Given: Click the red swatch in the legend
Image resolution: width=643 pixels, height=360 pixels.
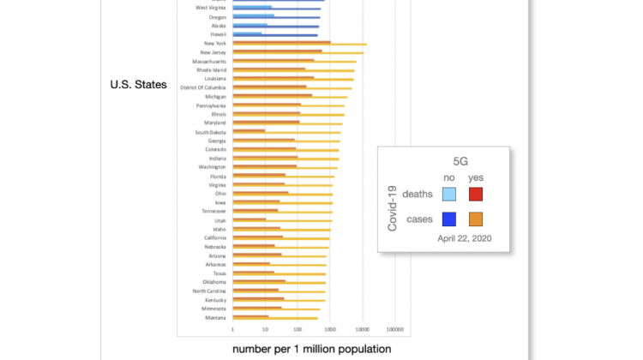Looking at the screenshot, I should [x=477, y=194].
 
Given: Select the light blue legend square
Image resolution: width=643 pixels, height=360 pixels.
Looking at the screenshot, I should [x=448, y=194].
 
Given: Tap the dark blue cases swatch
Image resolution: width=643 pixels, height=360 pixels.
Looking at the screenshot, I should [x=448, y=218].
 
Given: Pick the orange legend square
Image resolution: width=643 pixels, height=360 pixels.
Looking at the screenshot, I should [x=477, y=218].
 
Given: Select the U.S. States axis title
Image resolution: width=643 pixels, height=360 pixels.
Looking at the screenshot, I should [x=138, y=85].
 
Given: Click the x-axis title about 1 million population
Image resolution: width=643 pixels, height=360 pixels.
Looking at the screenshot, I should [x=311, y=349].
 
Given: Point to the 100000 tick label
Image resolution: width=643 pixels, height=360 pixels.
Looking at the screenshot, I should [x=395, y=329].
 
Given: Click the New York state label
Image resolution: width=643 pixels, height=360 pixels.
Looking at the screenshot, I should [x=214, y=43].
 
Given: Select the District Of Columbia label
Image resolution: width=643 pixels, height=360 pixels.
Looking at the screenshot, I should [x=203, y=87].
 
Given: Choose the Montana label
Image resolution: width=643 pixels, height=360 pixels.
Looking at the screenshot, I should [x=216, y=317].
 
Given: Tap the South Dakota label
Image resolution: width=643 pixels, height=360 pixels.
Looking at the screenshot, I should [x=210, y=132].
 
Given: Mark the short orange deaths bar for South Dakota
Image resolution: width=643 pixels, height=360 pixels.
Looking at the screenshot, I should [x=249, y=131].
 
